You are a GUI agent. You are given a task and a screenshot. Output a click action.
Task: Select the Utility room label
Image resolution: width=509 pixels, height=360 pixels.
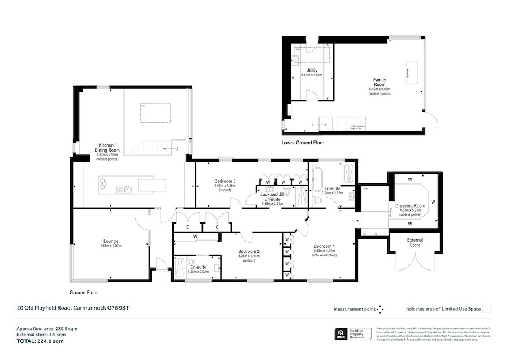pyautogui.click(x=312, y=70)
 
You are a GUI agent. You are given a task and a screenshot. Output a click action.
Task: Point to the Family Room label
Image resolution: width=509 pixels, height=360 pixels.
pyautogui.click(x=379, y=80)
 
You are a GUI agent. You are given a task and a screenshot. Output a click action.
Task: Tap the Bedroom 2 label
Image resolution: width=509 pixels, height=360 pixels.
pyautogui.click(x=248, y=251)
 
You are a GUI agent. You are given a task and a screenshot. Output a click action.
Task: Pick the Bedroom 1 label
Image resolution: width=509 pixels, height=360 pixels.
pyautogui.click(x=325, y=246)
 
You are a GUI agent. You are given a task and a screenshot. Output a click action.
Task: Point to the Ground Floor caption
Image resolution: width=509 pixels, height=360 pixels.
pyautogui.click(x=84, y=293)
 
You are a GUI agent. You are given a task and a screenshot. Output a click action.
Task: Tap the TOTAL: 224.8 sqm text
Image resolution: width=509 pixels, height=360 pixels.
pyautogui.click(x=40, y=341)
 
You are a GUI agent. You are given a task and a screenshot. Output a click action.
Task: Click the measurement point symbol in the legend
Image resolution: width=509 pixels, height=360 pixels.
pyautogui.click(x=380, y=309)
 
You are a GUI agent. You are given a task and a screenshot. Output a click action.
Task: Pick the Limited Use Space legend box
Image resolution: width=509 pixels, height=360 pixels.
pyautogui.click(x=486, y=309)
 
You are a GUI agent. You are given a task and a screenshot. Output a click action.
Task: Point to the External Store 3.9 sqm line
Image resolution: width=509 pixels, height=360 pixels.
pyautogui.click(x=38, y=335)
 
